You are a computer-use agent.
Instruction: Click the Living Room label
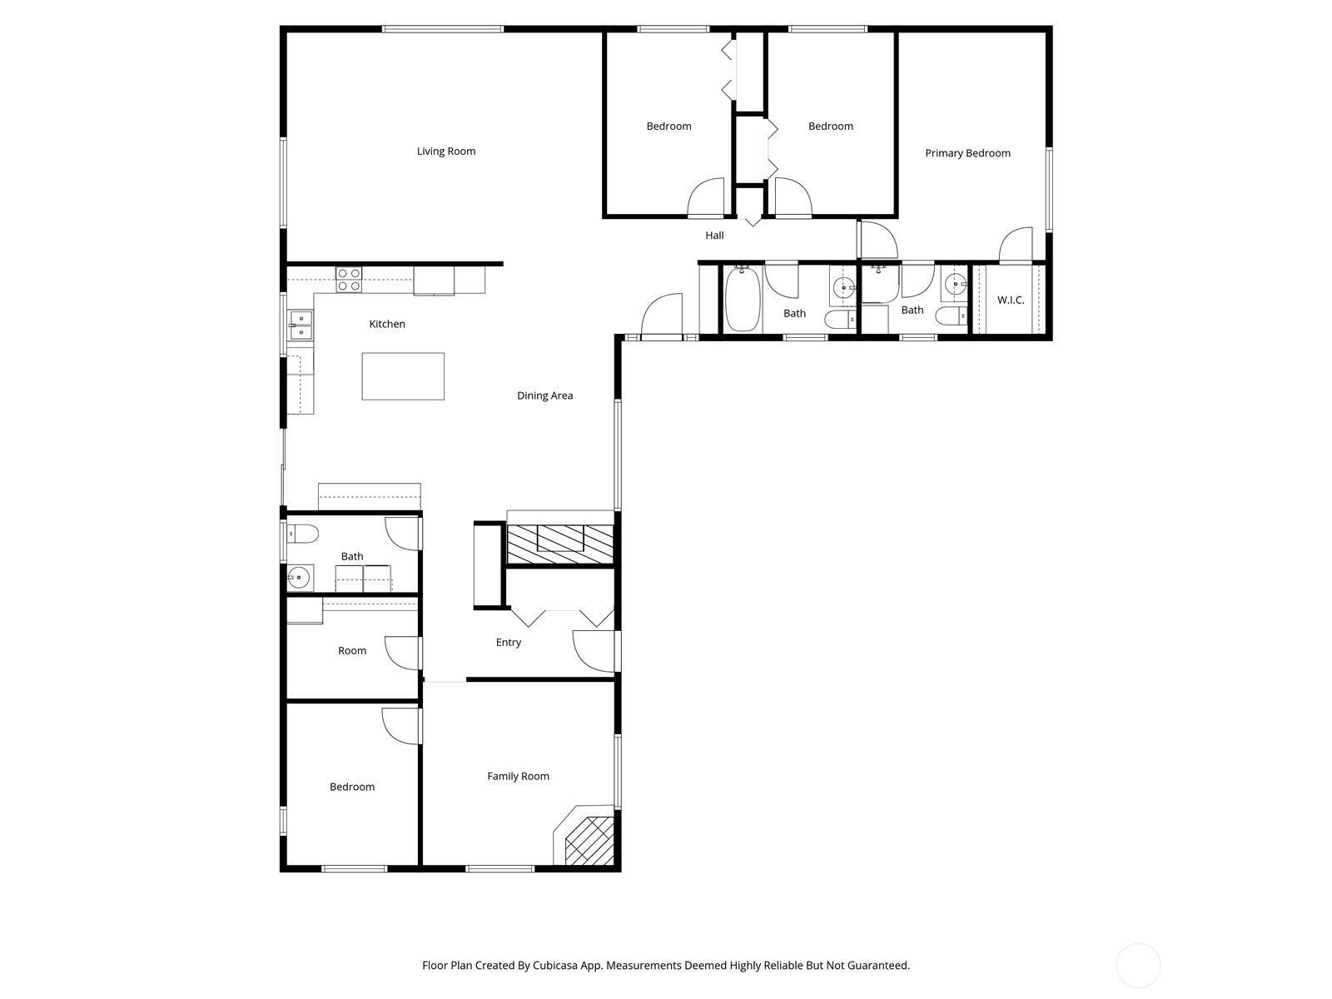tap(446, 151)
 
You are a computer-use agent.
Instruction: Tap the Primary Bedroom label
tap(967, 153)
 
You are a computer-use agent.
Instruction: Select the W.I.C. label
tap(1011, 300)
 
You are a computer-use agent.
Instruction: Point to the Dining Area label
tap(544, 395)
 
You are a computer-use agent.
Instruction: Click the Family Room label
tap(518, 776)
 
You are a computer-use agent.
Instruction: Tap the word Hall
tap(714, 236)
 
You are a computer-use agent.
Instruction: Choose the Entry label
tap(508, 643)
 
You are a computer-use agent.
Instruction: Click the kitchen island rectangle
tap(403, 376)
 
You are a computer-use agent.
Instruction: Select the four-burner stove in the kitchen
tap(349, 280)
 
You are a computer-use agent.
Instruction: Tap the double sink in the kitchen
tap(301, 326)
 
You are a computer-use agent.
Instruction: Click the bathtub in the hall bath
tap(743, 300)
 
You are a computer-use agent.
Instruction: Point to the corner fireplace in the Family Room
tap(584, 835)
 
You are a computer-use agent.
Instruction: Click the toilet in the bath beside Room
tap(302, 534)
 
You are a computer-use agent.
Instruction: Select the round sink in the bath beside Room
tap(299, 578)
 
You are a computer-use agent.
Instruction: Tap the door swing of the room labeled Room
tap(403, 654)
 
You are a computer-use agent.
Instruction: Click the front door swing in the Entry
tap(594, 651)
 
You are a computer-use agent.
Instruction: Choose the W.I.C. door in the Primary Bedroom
tap(1015, 245)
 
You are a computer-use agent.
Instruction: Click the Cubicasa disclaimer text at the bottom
tap(666, 965)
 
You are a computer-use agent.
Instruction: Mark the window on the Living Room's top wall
tap(443, 28)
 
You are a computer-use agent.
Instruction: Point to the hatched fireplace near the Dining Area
tap(560, 544)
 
